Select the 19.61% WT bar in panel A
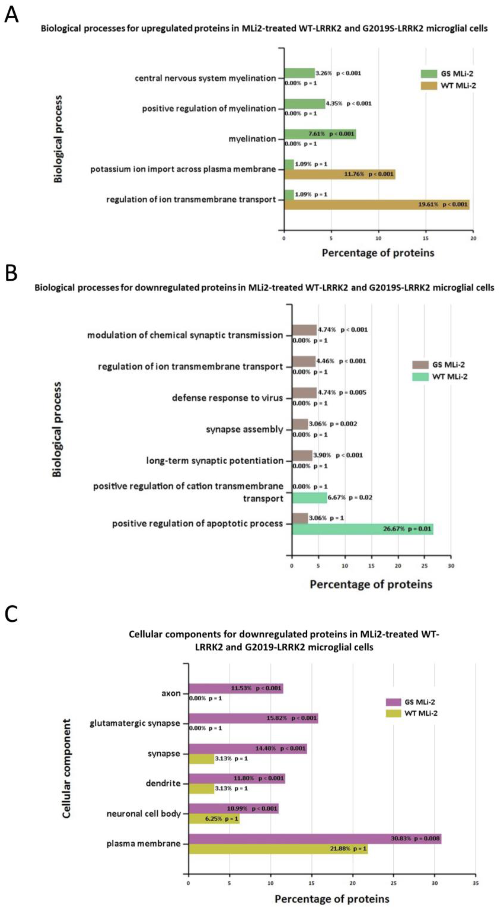click(377, 205)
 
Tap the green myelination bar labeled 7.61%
click(320, 134)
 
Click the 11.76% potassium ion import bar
click(339, 175)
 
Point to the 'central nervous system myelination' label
click(205, 78)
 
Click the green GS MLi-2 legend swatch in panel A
click(429, 74)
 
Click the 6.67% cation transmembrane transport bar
click(309, 498)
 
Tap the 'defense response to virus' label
click(227, 398)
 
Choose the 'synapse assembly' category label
click(244, 429)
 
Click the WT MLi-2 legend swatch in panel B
click(420, 377)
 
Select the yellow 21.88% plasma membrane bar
click(278, 849)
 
